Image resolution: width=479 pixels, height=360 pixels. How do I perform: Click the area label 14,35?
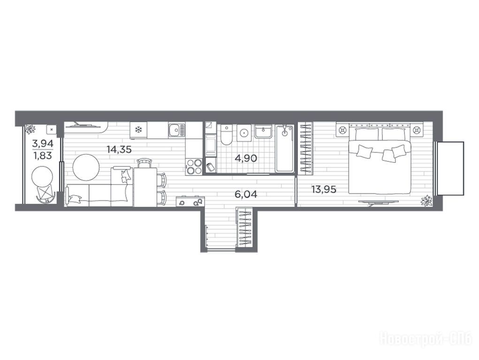[x=119, y=150]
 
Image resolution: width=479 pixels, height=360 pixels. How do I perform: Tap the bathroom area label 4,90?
[x=246, y=158]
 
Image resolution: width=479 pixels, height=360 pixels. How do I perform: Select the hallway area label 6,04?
[x=246, y=194]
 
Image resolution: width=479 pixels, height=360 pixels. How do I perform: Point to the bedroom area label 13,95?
[x=324, y=189]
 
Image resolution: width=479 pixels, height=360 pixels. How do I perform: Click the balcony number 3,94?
[x=43, y=143]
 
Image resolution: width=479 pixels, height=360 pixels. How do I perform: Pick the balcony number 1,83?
[x=43, y=156]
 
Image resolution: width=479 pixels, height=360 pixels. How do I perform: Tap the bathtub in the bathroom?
[x=285, y=149]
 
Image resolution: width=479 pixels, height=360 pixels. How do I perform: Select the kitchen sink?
[x=176, y=130]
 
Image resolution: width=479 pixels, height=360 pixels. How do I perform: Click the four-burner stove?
[x=194, y=167]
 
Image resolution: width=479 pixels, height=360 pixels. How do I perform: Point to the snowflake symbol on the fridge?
[x=139, y=130]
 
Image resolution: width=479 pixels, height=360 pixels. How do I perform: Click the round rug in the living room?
[x=86, y=167]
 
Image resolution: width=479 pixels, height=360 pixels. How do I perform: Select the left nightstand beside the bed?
[x=342, y=131]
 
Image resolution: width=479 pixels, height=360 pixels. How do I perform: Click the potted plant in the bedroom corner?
[x=425, y=201]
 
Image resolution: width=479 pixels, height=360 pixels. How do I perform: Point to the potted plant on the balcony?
[x=30, y=129]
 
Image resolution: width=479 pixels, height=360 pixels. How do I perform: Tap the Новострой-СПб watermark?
[x=426, y=339]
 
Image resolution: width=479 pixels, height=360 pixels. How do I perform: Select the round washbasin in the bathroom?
[x=244, y=133]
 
